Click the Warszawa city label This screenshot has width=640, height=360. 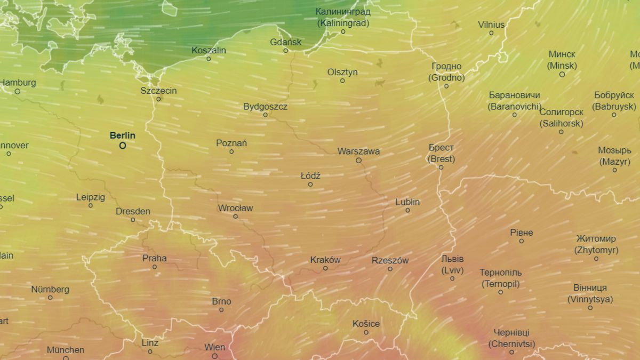358,151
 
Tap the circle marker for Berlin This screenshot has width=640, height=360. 123,145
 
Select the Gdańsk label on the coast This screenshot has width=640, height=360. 286,42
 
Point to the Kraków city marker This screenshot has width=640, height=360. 325,268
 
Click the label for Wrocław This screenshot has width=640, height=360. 235,208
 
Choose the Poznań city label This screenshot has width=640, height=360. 231,143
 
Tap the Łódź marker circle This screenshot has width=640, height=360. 310,184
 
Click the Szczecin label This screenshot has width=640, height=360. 158,91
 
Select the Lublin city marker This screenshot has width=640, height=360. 407,210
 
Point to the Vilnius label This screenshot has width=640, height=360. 491,25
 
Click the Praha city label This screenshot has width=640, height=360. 155,259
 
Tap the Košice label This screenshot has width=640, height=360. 366,324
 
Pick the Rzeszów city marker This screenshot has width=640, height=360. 390,269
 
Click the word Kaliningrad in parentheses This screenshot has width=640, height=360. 343,23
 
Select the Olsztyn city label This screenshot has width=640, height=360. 342,72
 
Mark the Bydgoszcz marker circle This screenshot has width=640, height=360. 265,115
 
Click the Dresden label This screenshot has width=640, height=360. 133,211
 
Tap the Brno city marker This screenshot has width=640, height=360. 221,310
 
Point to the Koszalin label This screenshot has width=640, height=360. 209,50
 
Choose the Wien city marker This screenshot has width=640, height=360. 214,356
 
